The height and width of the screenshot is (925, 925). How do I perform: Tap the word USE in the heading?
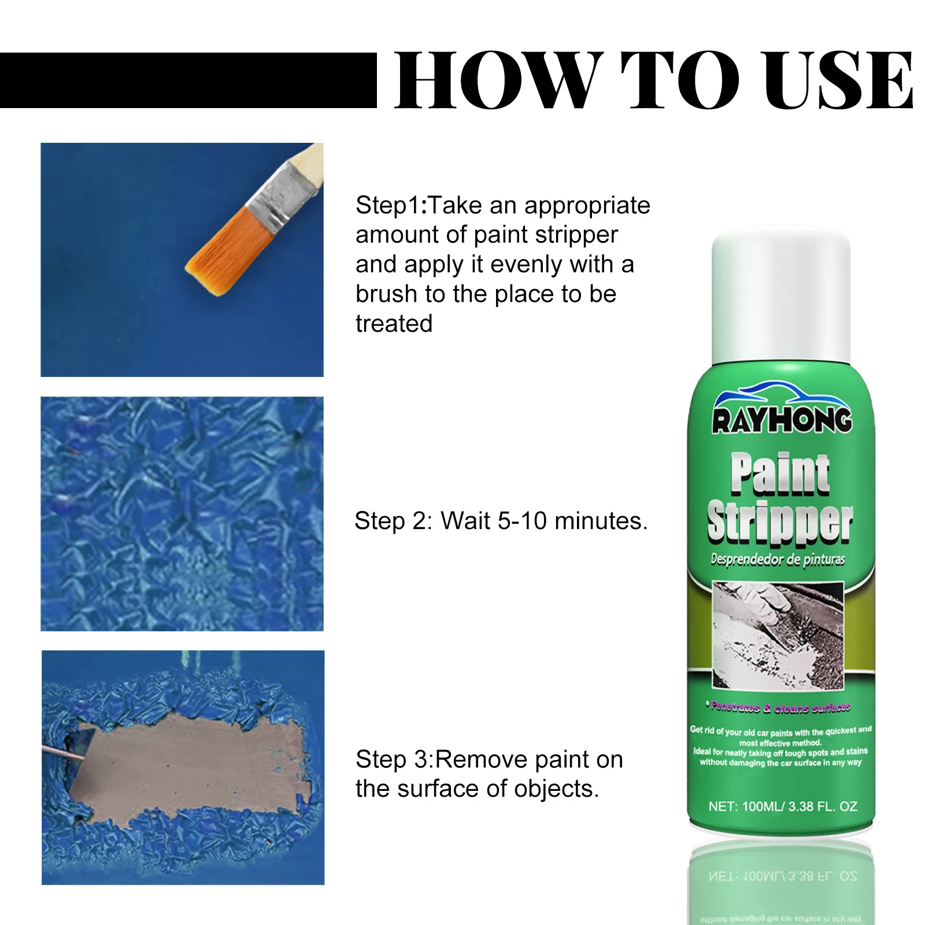[835, 80]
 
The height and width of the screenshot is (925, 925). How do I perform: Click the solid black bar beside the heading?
[188, 80]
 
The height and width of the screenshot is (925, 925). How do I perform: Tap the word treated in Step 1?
[394, 324]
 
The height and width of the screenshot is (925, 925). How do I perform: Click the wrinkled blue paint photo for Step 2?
[182, 513]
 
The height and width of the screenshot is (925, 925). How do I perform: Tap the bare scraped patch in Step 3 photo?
[191, 763]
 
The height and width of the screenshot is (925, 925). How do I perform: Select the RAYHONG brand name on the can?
[782, 420]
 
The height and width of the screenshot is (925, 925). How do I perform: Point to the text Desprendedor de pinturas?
[778, 560]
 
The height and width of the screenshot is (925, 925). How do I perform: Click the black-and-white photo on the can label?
[778, 635]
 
